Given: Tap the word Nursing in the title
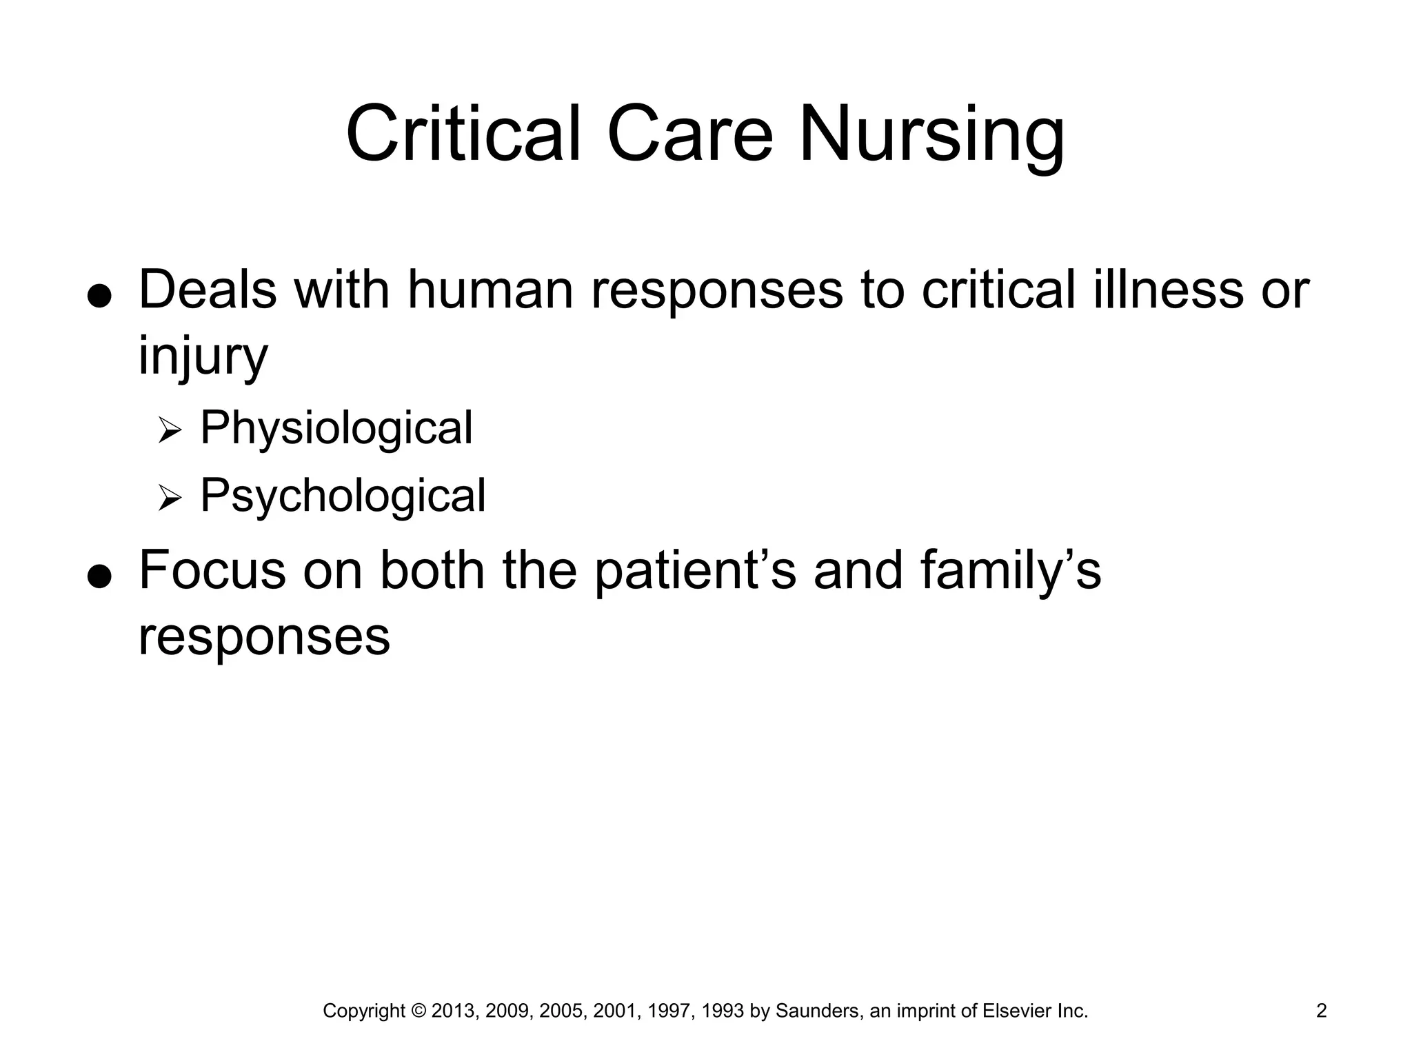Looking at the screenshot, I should pyautogui.click(x=931, y=134).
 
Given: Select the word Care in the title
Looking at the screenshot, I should pyautogui.click(x=690, y=134).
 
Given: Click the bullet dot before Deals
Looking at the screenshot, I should pyautogui.click(x=100, y=296).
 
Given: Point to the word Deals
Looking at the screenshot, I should pyautogui.click(x=208, y=290).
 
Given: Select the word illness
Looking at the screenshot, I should pyautogui.click(x=1169, y=290).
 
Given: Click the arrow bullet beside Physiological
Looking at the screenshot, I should pyautogui.click(x=169, y=432).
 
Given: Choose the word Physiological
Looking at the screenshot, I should pyautogui.click(x=336, y=428).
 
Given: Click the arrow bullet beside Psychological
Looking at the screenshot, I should pyautogui.click(x=169, y=498).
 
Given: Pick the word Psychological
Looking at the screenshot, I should pyautogui.click(x=343, y=496).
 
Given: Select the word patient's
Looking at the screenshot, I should pyautogui.click(x=696, y=571).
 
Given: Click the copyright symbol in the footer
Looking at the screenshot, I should pyautogui.click(x=418, y=1011).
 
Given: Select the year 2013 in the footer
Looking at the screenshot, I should pyautogui.click(x=453, y=1011).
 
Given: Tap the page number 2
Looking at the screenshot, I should pyautogui.click(x=1322, y=1011).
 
